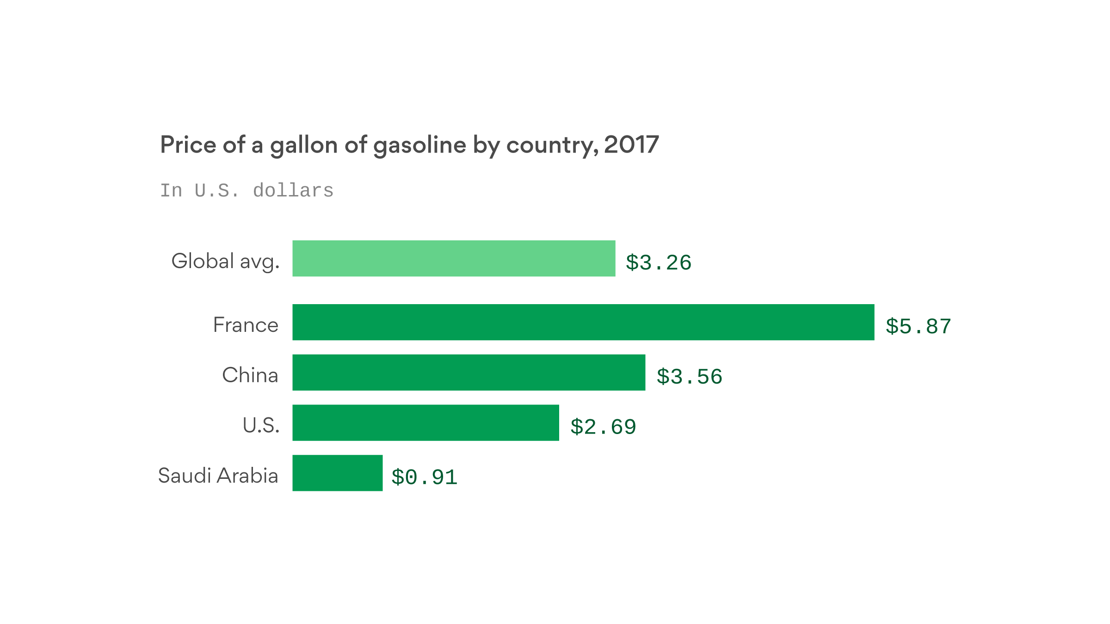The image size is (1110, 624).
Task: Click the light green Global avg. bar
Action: coord(454,258)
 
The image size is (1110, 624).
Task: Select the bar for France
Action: coord(583,322)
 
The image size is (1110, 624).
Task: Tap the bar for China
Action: coord(469,373)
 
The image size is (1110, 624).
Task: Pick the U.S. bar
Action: coord(425,423)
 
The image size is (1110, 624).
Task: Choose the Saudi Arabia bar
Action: coord(337,473)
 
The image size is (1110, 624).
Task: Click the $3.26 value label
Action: coord(658,263)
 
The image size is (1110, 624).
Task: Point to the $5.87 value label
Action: coord(918,326)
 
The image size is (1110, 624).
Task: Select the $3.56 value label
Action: coord(689,377)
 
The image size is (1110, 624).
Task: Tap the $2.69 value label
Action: coord(603,427)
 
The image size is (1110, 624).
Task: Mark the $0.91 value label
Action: coord(424,477)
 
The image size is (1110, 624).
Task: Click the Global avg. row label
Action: coord(225,261)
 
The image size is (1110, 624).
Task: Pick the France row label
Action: coord(246,325)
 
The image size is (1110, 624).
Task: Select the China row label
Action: coord(250,375)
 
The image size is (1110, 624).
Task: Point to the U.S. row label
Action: coord(261,425)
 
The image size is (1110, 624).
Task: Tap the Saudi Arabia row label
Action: coord(218,476)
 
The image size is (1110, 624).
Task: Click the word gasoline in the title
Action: coord(419,145)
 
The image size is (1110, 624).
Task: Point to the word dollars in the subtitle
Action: coord(293,190)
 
